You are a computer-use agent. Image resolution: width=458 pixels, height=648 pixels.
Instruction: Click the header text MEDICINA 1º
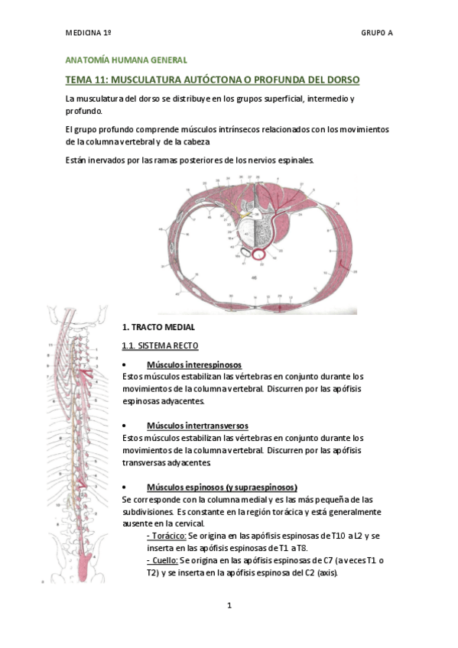[x=89, y=34]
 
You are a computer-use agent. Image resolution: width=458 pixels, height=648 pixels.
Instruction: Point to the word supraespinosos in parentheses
[x=261, y=487]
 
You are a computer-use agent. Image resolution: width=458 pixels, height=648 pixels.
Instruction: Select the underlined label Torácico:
[x=166, y=536]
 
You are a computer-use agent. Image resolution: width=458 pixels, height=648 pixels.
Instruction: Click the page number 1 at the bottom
[x=229, y=606]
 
